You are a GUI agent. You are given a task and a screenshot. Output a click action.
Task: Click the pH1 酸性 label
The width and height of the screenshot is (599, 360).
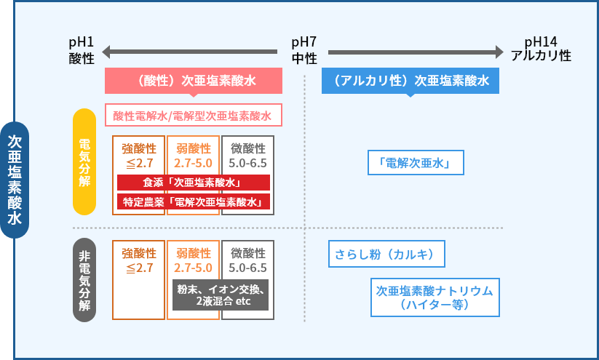click(82, 50)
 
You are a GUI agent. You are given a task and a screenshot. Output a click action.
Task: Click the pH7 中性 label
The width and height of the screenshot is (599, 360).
click(304, 50)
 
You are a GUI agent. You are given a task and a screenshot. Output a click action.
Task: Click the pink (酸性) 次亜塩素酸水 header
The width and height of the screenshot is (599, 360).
click(193, 81)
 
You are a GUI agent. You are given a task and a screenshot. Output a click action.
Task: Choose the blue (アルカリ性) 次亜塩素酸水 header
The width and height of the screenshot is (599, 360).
click(410, 81)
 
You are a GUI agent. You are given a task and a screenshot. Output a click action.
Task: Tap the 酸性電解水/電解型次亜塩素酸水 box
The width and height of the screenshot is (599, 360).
click(192, 116)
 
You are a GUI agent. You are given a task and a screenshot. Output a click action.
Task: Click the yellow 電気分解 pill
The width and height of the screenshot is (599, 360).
click(84, 161)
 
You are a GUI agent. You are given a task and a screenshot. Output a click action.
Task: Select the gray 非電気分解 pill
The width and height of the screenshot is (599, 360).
click(84, 280)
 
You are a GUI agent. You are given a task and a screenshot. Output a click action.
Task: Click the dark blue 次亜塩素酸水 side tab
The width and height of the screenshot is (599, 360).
click(15, 180)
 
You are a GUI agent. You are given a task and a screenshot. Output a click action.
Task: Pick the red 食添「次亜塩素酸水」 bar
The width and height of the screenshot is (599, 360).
click(193, 183)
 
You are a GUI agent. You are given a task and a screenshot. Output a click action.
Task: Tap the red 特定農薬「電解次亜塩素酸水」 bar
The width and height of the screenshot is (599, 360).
click(193, 201)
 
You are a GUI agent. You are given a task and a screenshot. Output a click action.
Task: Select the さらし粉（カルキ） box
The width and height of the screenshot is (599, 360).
click(385, 255)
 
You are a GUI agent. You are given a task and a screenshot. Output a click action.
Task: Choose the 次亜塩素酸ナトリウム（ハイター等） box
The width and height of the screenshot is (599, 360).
click(435, 297)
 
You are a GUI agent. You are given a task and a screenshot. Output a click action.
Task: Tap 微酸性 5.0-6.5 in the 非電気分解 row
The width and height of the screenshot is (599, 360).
click(247, 260)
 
